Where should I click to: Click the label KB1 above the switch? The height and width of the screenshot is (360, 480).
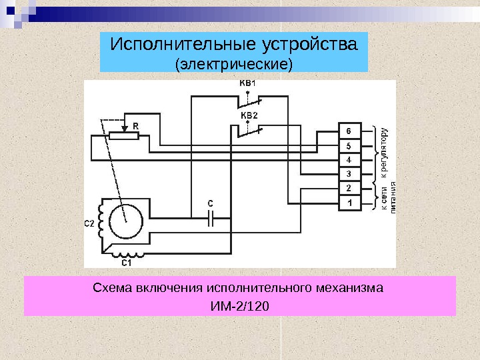pos(247,83)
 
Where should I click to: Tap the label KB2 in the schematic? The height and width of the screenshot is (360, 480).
pos(248,115)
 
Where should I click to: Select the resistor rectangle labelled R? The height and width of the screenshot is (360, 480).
pos(123,136)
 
